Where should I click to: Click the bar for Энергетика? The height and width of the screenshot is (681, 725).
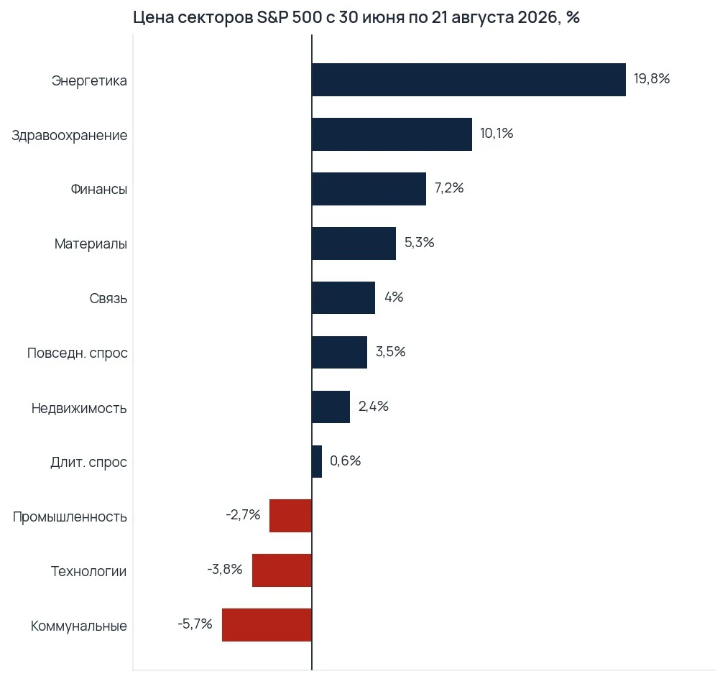coord(469,80)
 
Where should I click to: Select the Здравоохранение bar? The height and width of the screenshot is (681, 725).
coord(392,134)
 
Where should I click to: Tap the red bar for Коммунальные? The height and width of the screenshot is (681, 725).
coord(267,625)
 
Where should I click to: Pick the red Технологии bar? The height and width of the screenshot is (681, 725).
coord(282,570)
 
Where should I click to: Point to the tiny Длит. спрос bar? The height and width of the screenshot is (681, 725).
coord(317,461)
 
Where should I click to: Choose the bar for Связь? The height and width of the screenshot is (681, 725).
coord(343,297)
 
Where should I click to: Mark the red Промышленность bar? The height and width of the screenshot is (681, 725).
coord(291,516)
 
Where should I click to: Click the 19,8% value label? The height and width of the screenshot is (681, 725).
coord(652,79)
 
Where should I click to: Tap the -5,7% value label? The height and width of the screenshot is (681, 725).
coord(195,624)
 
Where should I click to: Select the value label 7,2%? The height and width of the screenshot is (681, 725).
coord(449,188)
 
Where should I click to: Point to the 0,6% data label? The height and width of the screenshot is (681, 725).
coord(346,461)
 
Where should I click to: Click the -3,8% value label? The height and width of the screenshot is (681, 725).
coord(225,570)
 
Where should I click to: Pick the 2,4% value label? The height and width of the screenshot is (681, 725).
coord(373,407)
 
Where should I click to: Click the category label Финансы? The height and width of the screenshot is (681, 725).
coord(99,189)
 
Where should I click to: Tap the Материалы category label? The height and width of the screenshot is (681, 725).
coord(91,244)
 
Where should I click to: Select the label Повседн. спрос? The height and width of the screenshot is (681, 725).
coord(77,353)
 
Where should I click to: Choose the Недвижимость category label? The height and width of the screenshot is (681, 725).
coord(79,408)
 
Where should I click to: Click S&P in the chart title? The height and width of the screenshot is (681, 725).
coord(272,17)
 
